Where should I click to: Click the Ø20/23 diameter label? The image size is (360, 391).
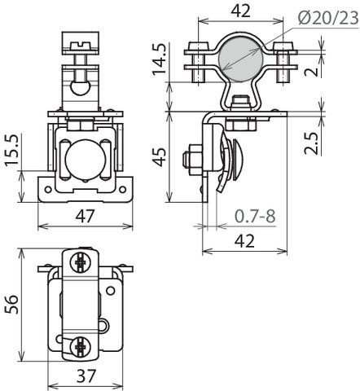tap(328, 19)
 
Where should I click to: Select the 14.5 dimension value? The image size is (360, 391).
tap(160, 59)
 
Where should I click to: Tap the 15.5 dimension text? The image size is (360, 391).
tap(11, 150)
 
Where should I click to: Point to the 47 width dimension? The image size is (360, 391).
tap(85, 216)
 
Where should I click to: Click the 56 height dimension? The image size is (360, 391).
tap(11, 305)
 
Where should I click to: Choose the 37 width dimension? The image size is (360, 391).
tap(86, 376)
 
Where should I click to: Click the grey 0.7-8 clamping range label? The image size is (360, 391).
tap(255, 216)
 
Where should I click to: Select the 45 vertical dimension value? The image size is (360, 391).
tap(159, 156)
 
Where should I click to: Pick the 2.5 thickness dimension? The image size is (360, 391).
tap(311, 143)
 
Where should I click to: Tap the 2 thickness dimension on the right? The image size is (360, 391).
tap(311, 71)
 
